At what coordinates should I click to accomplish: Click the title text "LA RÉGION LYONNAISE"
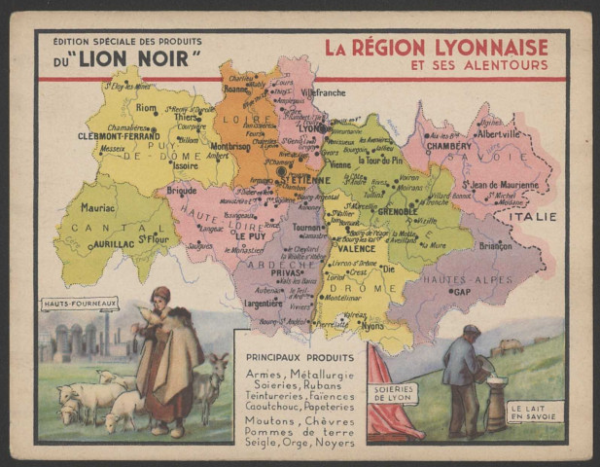tap(436, 47)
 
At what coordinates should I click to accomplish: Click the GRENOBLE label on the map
tap(398, 210)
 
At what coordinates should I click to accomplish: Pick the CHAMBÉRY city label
tap(447, 146)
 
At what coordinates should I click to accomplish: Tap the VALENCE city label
tap(356, 248)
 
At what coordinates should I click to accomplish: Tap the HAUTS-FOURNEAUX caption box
tap(79, 305)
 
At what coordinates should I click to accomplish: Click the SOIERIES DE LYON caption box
tap(393, 393)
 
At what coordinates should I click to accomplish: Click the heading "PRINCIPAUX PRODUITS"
tap(300, 358)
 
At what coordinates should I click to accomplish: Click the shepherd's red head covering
tap(160, 292)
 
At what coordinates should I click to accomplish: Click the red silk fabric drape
tap(386, 418)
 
